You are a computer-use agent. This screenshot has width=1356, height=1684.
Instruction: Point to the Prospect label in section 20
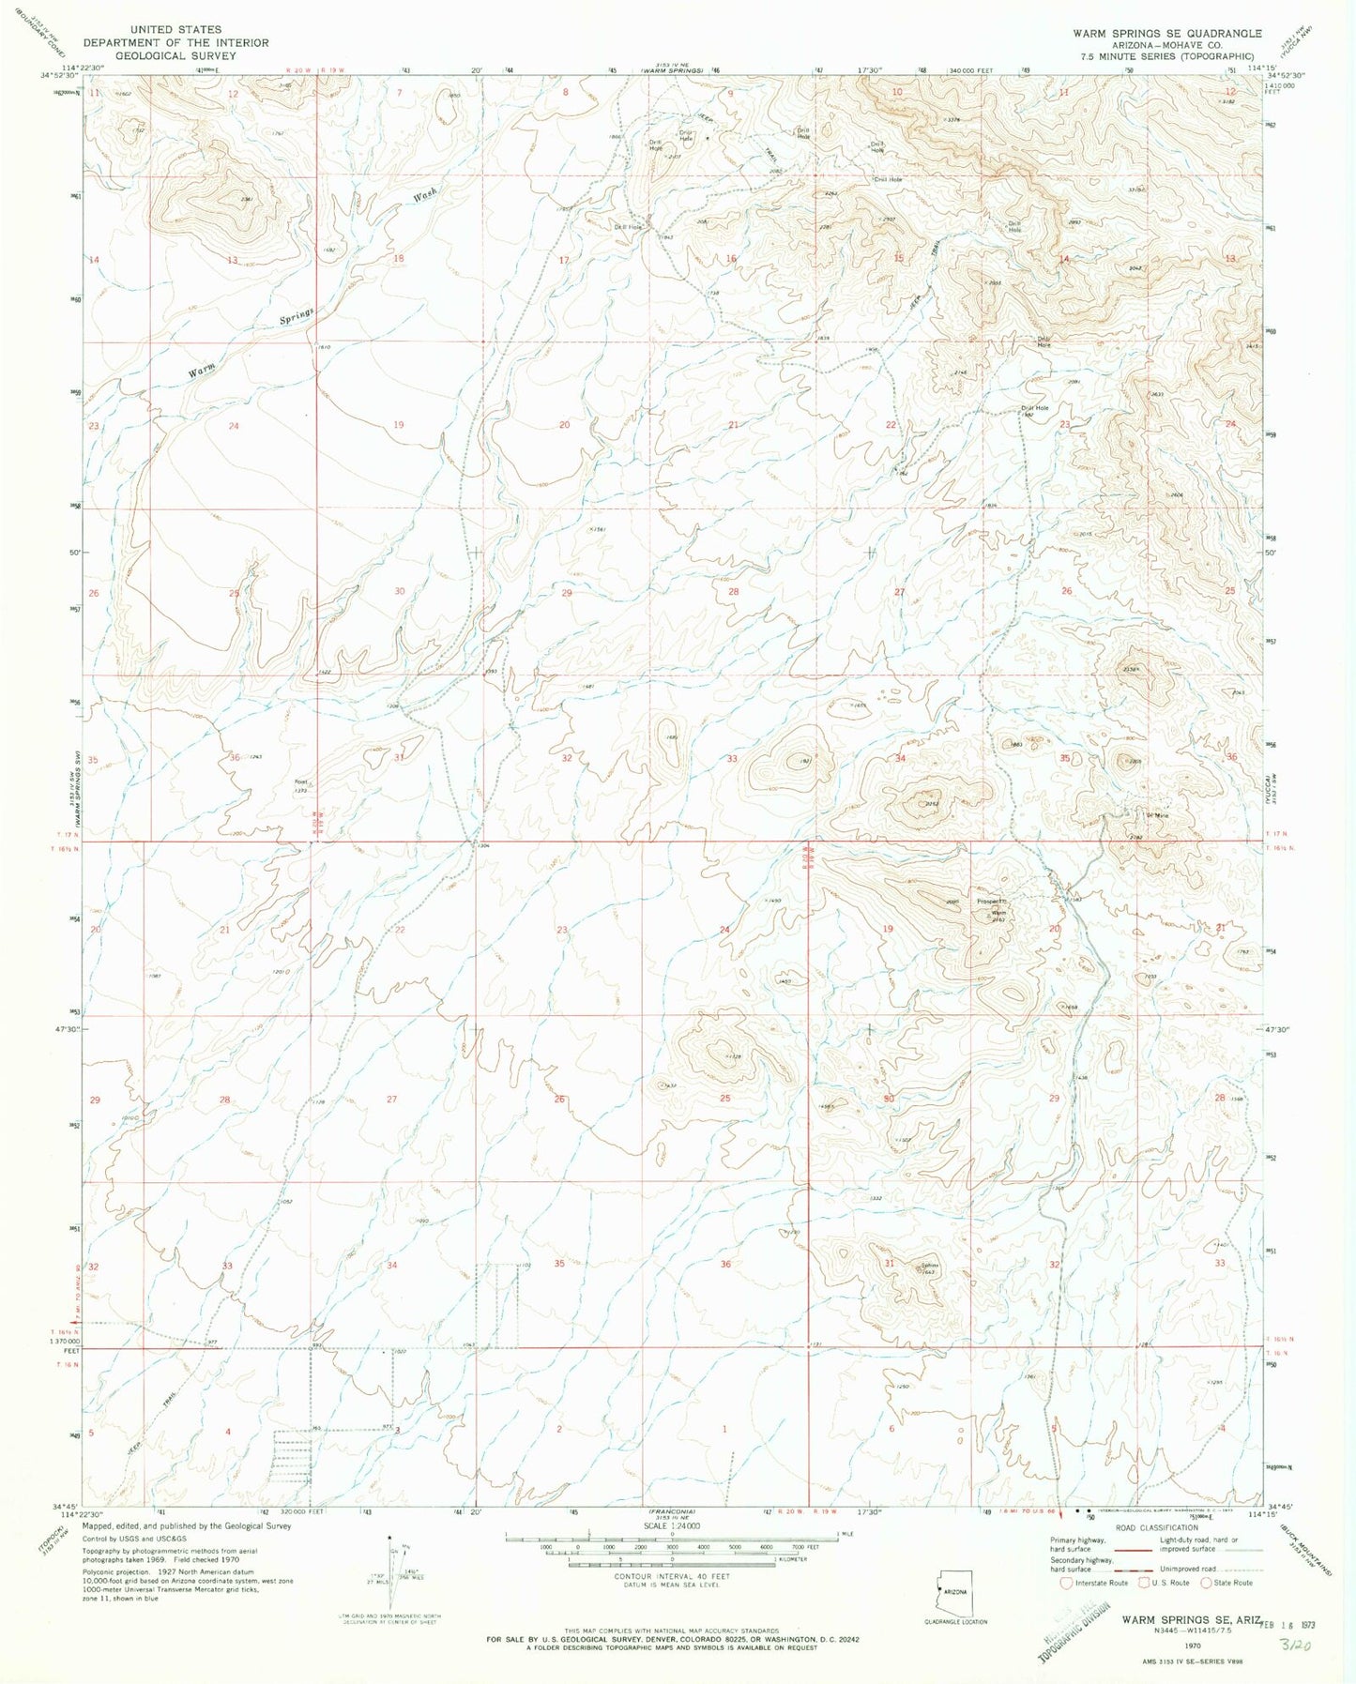point(991,903)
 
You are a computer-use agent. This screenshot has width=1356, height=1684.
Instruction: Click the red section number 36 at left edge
point(234,757)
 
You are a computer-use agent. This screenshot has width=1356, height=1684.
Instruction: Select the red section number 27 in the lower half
point(391,1099)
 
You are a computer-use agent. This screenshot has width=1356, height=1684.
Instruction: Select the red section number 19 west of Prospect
point(888,929)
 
